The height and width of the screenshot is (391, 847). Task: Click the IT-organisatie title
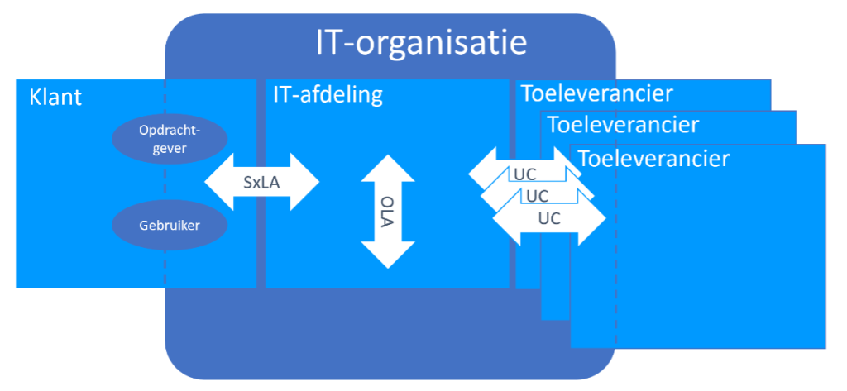pyautogui.click(x=421, y=43)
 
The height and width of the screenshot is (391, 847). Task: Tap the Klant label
pyautogui.click(x=55, y=98)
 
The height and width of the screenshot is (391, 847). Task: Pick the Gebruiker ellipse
pyautogui.click(x=170, y=224)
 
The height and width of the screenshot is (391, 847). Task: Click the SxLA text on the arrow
pyautogui.click(x=261, y=183)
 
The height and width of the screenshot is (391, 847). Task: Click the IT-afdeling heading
pyautogui.click(x=328, y=95)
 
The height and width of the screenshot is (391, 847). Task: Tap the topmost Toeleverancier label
pyautogui.click(x=596, y=93)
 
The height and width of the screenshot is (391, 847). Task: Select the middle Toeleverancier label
pyautogui.click(x=623, y=126)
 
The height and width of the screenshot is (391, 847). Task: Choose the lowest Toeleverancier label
pyautogui.click(x=653, y=158)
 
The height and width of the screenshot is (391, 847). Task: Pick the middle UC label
pyautogui.click(x=537, y=197)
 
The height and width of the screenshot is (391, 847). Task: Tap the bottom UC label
pyautogui.click(x=549, y=220)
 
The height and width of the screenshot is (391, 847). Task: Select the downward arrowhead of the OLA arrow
pyautogui.click(x=388, y=255)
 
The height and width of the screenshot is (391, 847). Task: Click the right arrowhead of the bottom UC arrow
pyautogui.click(x=593, y=220)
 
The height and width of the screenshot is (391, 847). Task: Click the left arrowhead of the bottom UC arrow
pyautogui.click(x=504, y=220)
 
